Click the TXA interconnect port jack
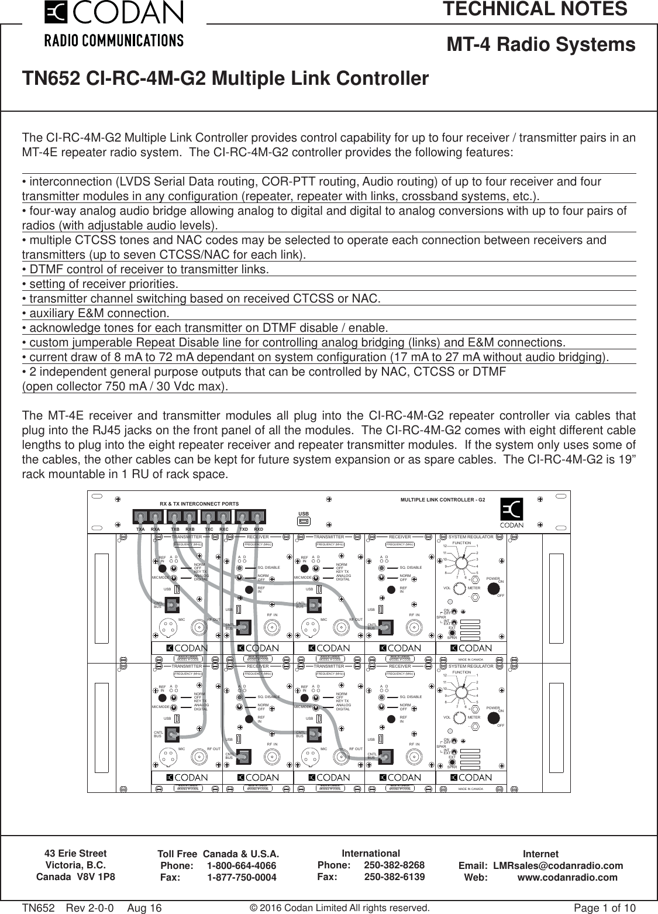[140, 517]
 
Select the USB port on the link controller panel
[304, 520]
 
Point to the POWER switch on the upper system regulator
[493, 587]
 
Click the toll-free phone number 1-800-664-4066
[242, 865]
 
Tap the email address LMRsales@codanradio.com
[557, 865]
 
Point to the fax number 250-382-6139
[395, 877]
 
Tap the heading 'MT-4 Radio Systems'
[541, 45]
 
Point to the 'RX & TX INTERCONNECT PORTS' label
[199, 503]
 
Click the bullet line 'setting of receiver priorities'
[101, 284]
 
